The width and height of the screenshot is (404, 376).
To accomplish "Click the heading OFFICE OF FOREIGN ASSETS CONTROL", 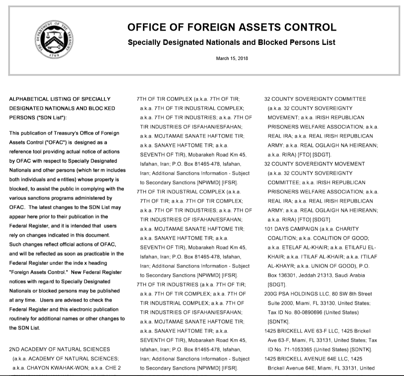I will (232, 28).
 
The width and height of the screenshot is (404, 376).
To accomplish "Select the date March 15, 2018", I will (232, 58).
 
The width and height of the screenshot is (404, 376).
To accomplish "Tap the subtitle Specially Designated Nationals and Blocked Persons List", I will (232, 43).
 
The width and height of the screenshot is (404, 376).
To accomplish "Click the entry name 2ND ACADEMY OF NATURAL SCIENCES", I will (60, 349).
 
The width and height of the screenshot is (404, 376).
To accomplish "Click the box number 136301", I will (288, 275).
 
